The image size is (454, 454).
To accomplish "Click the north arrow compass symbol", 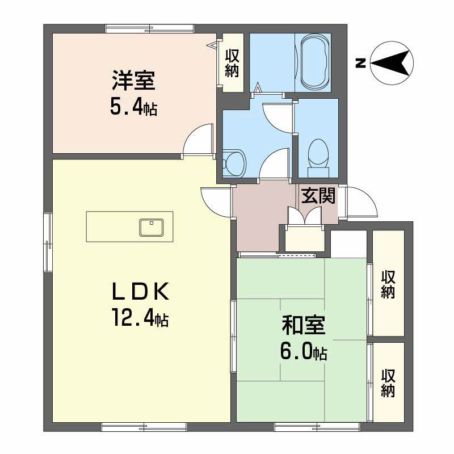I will point(392,62).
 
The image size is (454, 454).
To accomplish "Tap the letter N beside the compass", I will point(359,63).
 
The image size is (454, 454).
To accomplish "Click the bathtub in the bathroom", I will point(313,62).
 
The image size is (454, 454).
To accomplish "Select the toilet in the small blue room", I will point(318,157).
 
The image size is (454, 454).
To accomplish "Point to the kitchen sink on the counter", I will point(152,227).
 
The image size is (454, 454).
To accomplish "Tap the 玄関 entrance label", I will point(318,195).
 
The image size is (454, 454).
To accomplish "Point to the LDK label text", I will point(140,292).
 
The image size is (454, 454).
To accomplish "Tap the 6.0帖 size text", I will point(304,352).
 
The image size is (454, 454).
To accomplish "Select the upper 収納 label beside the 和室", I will point(388,284).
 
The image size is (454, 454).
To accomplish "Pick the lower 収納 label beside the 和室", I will point(388,383).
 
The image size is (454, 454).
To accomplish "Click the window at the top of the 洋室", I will point(149,27).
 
